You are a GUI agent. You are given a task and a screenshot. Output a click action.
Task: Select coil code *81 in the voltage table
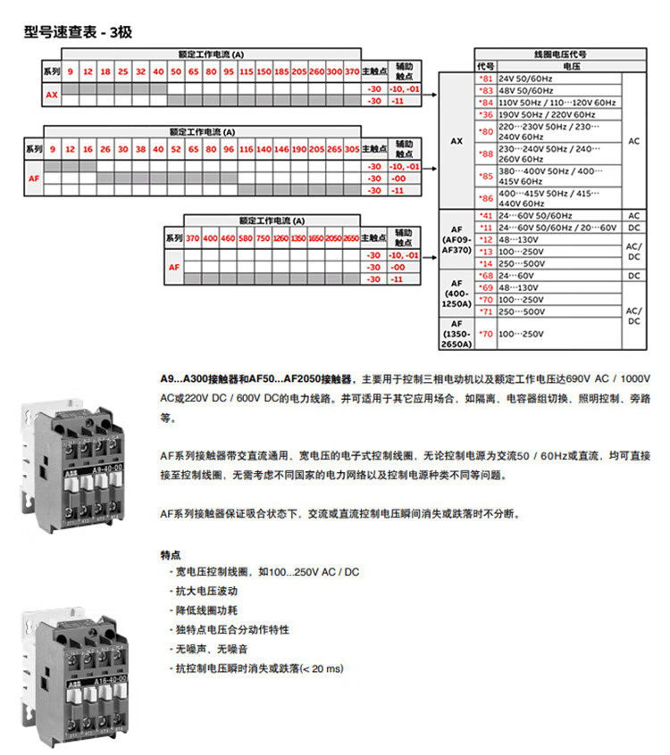(486, 79)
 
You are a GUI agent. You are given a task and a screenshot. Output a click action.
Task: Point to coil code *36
(486, 114)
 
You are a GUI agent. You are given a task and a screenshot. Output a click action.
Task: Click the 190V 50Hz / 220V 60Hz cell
(546, 114)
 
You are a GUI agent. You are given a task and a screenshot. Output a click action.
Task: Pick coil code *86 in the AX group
(486, 198)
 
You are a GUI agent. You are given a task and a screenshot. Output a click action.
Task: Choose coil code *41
(486, 216)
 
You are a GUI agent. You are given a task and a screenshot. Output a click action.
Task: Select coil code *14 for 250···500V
(486, 263)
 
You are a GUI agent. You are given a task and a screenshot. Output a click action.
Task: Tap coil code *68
(486, 275)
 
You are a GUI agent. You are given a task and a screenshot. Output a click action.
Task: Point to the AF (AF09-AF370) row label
(456, 239)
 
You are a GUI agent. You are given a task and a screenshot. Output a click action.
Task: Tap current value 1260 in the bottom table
(281, 238)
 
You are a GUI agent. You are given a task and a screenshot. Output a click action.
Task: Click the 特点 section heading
(169, 555)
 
